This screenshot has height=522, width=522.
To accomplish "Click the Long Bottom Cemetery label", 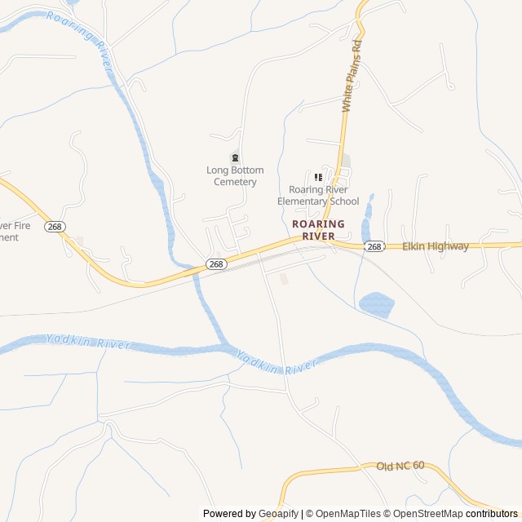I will pyautogui.click(x=235, y=176).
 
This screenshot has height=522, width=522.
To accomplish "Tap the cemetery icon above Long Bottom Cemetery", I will pyautogui.click(x=235, y=157).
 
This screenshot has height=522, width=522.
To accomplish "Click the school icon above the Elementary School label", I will pyautogui.click(x=318, y=177).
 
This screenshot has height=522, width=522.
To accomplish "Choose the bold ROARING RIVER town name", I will pyautogui.click(x=318, y=230).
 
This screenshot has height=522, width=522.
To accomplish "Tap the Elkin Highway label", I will pyautogui.click(x=436, y=246).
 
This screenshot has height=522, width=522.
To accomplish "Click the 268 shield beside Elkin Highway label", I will pyautogui.click(x=374, y=246).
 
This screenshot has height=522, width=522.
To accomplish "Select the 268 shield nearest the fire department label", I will pyautogui.click(x=55, y=226).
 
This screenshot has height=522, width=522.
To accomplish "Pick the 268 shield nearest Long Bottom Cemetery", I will pyautogui.click(x=215, y=263).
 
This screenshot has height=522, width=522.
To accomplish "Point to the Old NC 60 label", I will pyautogui.click(x=400, y=466).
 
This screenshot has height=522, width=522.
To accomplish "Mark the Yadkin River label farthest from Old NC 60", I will pyautogui.click(x=88, y=343).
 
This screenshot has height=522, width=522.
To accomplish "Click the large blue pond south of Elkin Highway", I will pyautogui.click(x=376, y=304).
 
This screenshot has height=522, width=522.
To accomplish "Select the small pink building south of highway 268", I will pyautogui.click(x=284, y=279).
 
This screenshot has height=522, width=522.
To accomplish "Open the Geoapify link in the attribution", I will pyautogui.click(x=279, y=514).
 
